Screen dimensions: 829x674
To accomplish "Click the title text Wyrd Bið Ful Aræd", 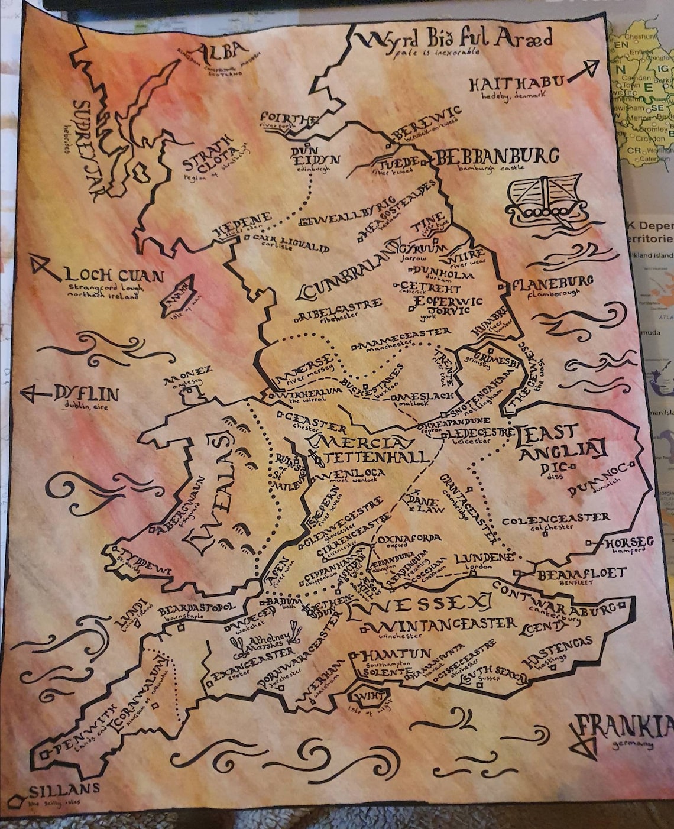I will [455, 39].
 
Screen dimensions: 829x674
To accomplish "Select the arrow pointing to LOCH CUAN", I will [44, 268].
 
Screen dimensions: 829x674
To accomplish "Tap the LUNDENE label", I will [484, 558].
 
